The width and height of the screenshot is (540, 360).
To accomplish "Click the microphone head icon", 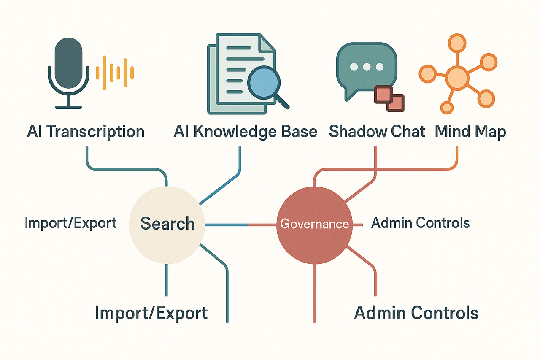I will point(68,57).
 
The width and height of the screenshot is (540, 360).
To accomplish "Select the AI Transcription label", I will point(86,132).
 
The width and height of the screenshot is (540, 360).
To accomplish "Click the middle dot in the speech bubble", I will point(366,67).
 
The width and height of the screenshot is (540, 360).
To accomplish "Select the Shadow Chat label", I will point(377,132).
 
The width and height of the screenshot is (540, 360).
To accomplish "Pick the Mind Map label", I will point(470,132).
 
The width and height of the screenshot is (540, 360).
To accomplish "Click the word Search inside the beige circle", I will point(167,224).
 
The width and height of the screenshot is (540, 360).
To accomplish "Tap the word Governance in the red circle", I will point(315,224).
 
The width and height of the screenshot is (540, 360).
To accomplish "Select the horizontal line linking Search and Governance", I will point(240,225).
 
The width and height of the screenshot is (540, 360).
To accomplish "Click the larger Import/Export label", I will point(151,313).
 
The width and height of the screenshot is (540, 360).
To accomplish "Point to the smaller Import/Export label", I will point(70,223).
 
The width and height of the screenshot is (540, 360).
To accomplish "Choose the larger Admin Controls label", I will point(416,313).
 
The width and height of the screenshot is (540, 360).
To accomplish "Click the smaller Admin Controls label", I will point(420,223).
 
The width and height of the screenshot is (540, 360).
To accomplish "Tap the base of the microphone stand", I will point(68,107).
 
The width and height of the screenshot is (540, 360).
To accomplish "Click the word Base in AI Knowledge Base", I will point(300,132).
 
